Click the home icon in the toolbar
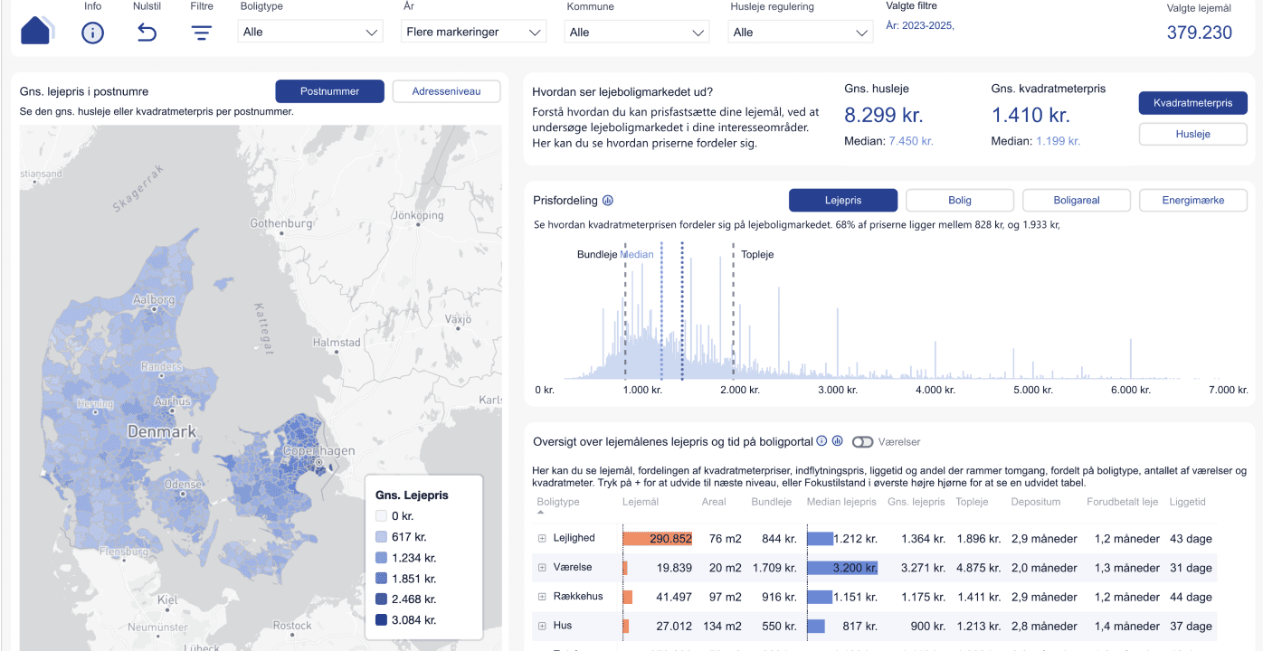tap(36, 30)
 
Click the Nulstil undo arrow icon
tap(147, 33)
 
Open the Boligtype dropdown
tap(309, 32)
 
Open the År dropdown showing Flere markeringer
tap(473, 32)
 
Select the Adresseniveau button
tap(447, 91)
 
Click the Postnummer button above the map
tap(329, 91)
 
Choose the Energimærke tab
tap(1192, 200)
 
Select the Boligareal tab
tap(1076, 200)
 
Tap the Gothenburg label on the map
tap(280, 223)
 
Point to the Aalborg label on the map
tap(154, 299)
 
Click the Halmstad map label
tap(336, 343)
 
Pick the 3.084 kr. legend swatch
tap(381, 620)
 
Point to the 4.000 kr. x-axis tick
tap(935, 390)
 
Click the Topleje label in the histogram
tap(757, 255)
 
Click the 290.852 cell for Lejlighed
tap(670, 539)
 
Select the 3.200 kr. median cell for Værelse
tap(855, 569)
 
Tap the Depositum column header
tap(1036, 502)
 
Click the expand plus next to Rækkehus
tap(543, 597)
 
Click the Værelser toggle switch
tap(862, 442)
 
